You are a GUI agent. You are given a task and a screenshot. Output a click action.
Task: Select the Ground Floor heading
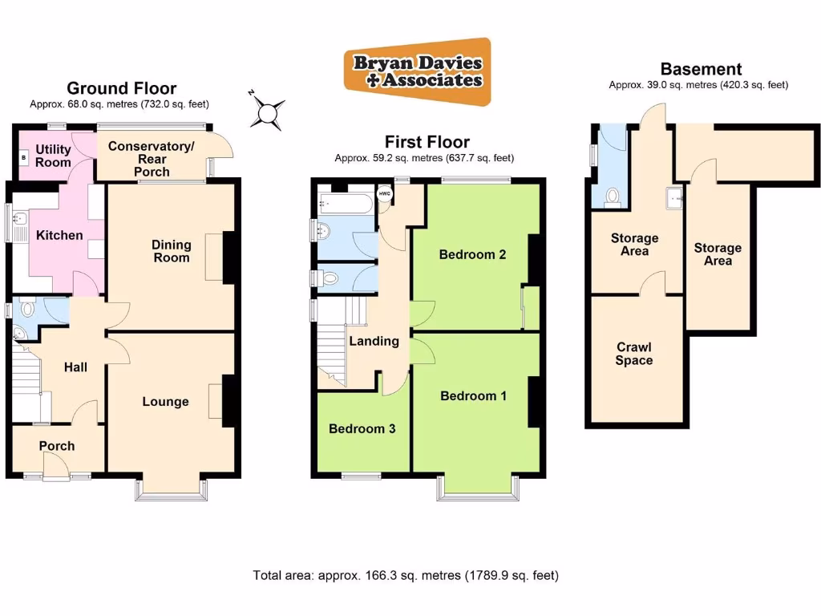[x=121, y=88]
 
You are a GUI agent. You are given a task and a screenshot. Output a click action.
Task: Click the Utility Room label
[x=53, y=156]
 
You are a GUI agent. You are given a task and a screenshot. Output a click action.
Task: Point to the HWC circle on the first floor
[x=384, y=193]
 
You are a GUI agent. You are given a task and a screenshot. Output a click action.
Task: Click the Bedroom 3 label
[x=362, y=428]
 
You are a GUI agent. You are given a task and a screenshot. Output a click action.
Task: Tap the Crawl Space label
[x=633, y=354]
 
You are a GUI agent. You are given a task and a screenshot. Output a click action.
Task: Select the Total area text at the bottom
[x=406, y=575]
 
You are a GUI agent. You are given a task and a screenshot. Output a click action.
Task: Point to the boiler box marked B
[x=23, y=158]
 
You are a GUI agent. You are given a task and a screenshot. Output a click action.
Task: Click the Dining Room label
[x=172, y=251]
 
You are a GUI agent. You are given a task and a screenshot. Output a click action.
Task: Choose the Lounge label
[x=165, y=402]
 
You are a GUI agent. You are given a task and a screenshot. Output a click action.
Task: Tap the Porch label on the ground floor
[x=57, y=446]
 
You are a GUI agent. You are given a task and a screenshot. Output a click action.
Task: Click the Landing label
[x=374, y=341]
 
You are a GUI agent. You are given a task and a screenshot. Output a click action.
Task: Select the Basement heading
[x=700, y=70]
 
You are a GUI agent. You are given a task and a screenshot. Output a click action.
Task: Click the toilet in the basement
[x=613, y=196]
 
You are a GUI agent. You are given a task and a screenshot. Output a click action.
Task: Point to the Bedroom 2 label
[x=472, y=255]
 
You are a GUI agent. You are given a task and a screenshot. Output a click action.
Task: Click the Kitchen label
[x=59, y=235]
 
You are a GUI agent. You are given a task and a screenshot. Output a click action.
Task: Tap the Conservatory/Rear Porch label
[x=152, y=158]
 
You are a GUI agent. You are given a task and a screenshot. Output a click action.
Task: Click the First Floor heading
[x=427, y=143]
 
